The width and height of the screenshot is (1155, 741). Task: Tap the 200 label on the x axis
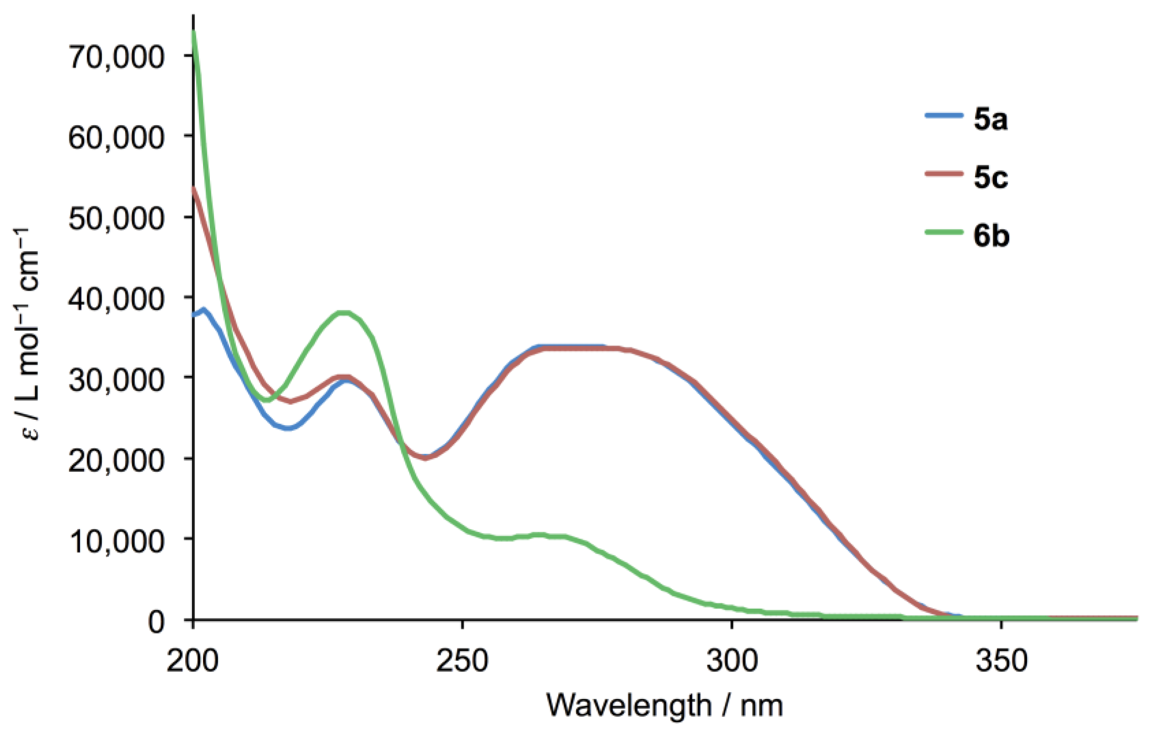(x=193, y=662)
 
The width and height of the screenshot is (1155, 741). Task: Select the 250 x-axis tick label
(x=462, y=662)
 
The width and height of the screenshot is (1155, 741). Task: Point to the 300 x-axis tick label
(x=732, y=662)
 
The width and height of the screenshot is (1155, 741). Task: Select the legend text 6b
(x=991, y=236)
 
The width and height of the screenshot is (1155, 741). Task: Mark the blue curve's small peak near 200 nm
(x=204, y=310)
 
